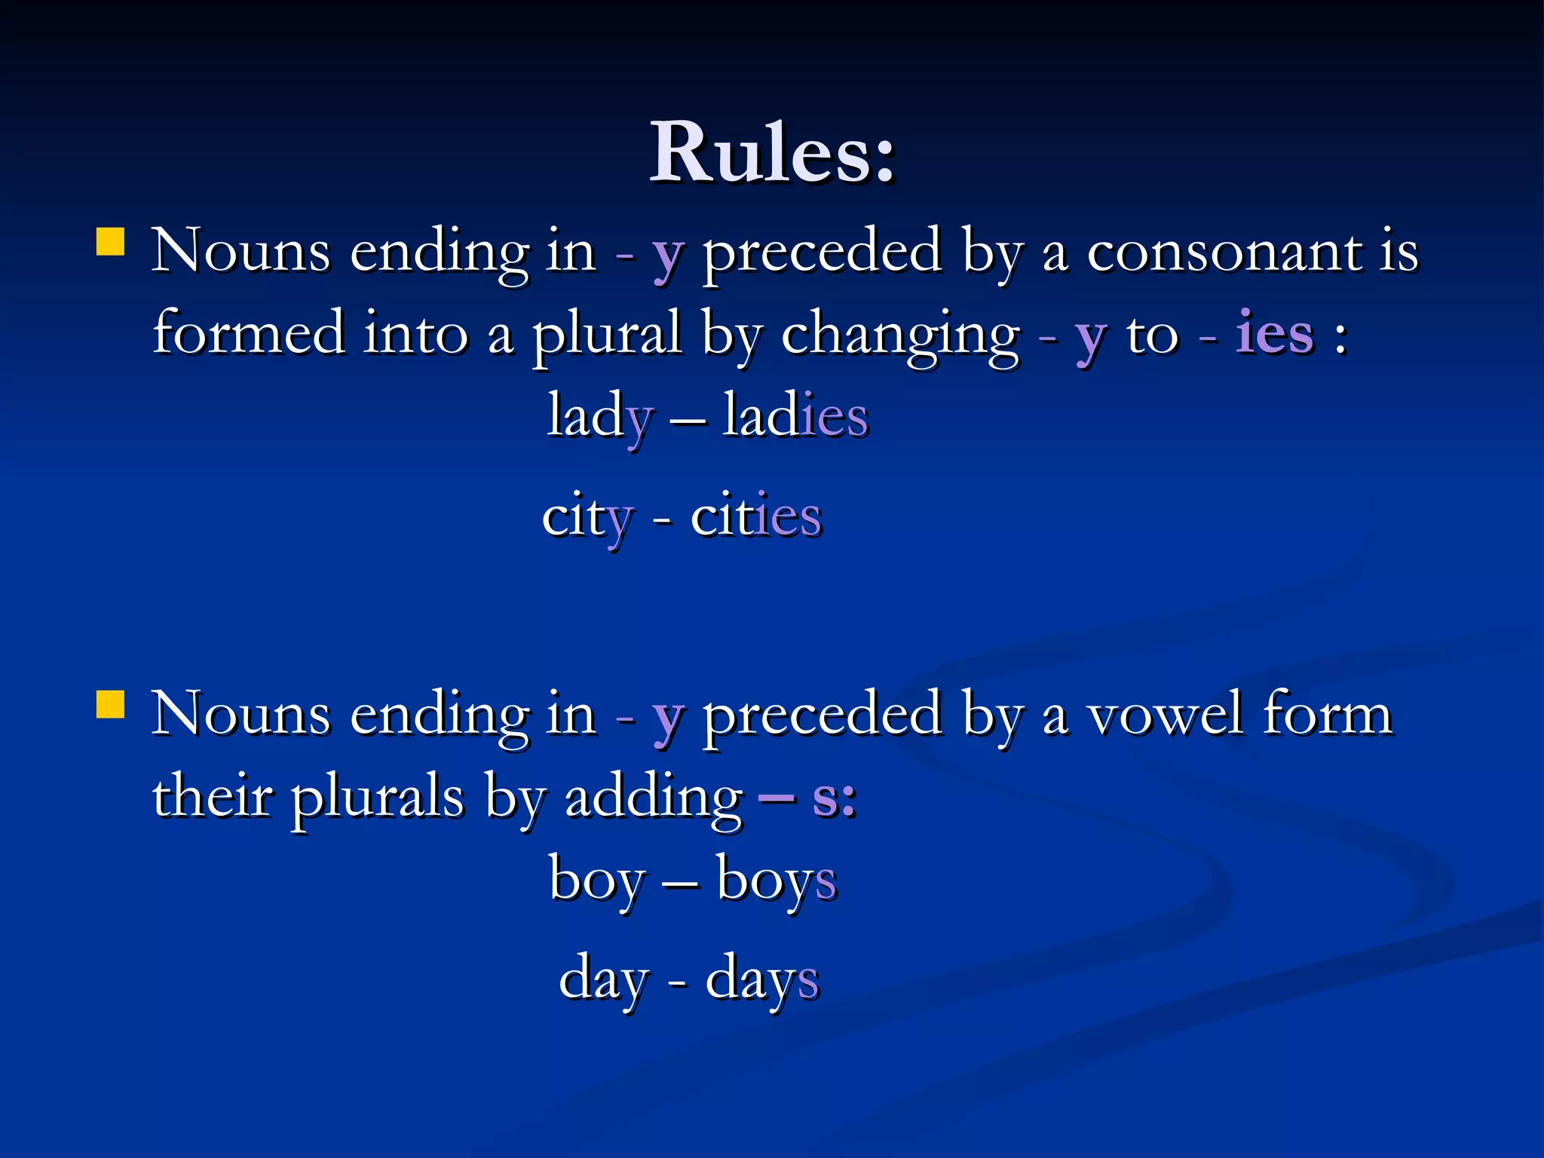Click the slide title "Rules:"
click(x=772, y=153)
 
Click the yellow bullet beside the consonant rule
click(x=111, y=243)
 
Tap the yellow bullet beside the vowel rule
click(x=111, y=706)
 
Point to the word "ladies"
click(x=795, y=416)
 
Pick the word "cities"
click(x=756, y=516)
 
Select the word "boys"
click(x=777, y=881)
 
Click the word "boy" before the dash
click(x=597, y=881)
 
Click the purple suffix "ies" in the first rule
click(x=1274, y=333)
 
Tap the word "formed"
click(x=249, y=333)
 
